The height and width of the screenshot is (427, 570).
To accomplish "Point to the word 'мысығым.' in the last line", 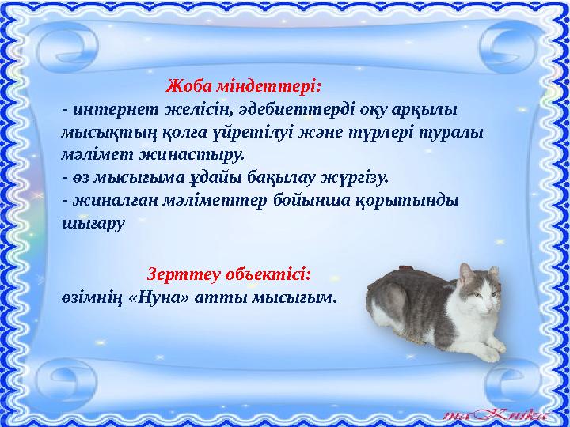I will click(294, 298).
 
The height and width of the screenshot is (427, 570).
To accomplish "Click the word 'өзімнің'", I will click(90, 298).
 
